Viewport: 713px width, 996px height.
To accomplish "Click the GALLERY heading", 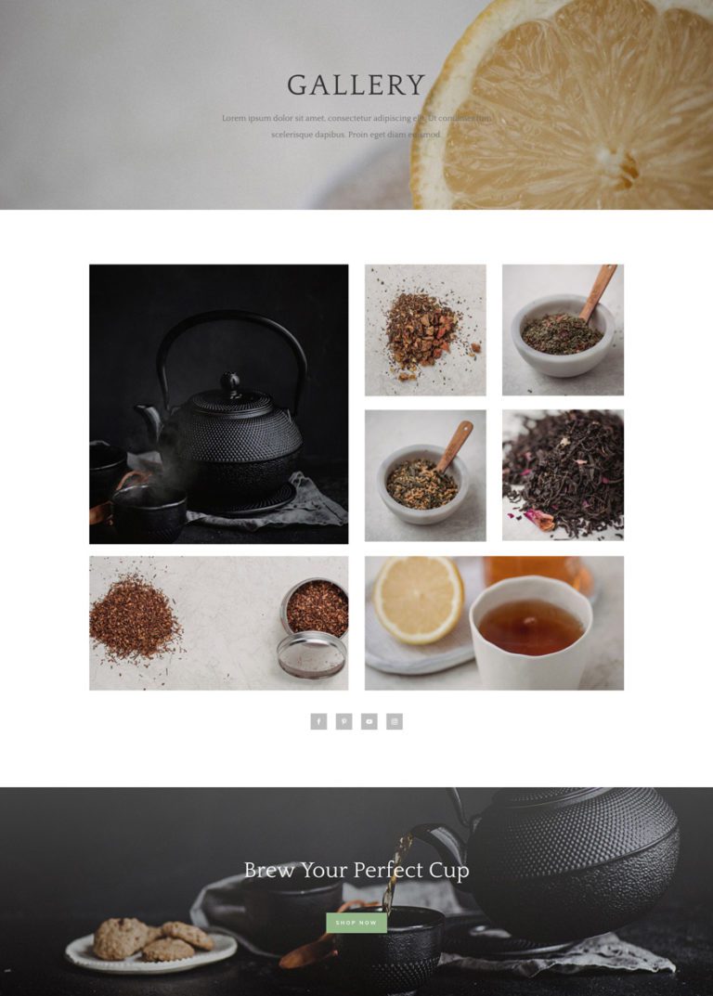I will (356, 85).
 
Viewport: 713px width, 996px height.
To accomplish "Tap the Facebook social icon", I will (318, 721).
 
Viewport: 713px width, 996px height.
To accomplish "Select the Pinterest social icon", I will (344, 721).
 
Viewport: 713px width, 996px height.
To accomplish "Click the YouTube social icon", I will (369, 721).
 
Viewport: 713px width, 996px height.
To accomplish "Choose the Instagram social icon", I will (395, 721).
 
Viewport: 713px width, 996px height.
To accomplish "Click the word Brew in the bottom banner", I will (269, 871).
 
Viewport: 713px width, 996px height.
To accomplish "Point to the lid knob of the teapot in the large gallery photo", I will (229, 380).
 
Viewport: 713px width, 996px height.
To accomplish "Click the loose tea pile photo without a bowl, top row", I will (424, 330).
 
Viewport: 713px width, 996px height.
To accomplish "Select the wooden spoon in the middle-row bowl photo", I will (454, 445).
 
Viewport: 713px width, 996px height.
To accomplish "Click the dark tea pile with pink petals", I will (563, 474).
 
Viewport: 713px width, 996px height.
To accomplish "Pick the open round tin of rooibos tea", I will (316, 608).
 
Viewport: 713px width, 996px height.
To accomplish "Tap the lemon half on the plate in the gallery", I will (418, 599).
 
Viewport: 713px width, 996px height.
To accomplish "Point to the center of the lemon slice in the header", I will (620, 167).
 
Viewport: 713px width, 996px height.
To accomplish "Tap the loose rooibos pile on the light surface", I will (134, 616).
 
